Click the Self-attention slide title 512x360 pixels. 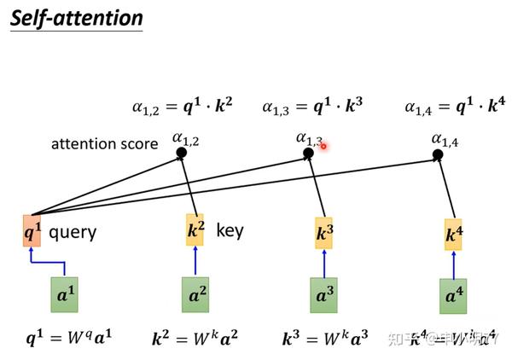(77, 18)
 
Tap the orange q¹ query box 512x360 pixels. (32, 230)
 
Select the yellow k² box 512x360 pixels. (195, 229)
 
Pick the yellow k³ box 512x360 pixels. (324, 233)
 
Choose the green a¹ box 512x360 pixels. (66, 294)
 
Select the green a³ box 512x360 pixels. (323, 295)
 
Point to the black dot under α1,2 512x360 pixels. (181, 154)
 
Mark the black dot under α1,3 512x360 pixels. (309, 154)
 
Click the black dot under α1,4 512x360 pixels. (438, 154)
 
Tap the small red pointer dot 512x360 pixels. (325, 146)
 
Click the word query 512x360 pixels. (73, 231)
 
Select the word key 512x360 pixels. (230, 229)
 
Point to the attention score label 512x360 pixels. (104, 143)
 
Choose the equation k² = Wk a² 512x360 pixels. (195, 338)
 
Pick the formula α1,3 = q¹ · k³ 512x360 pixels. (312, 107)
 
